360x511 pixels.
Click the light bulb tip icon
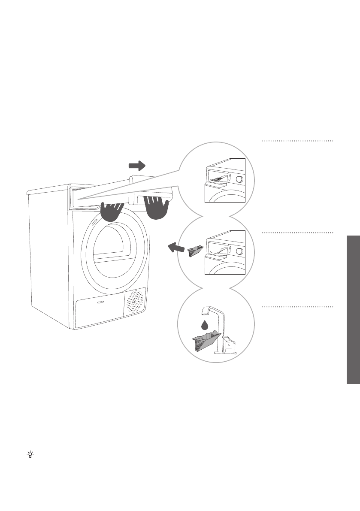coord(30,454)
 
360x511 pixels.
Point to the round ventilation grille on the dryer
coord(135,302)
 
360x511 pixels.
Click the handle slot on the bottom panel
coord(100,302)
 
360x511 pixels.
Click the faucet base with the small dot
coord(228,345)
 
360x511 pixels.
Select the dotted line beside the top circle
coord(297,141)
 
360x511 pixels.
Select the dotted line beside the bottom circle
coord(297,307)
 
